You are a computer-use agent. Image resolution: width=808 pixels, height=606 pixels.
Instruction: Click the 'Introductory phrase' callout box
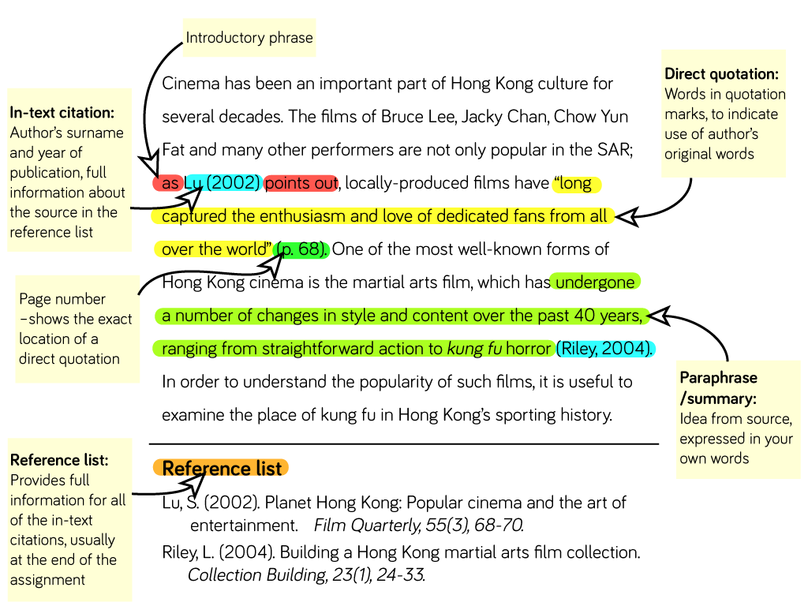click(x=249, y=38)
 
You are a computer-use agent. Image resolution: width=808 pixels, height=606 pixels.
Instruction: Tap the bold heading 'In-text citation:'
click(x=62, y=113)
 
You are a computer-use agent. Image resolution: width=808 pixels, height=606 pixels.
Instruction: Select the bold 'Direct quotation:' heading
click(x=721, y=74)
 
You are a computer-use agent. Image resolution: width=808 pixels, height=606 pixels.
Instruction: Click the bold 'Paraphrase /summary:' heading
click(x=718, y=388)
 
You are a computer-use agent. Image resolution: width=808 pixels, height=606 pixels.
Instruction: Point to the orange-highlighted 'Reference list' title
click(x=222, y=469)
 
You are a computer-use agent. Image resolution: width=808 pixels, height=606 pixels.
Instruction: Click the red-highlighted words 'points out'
click(x=301, y=183)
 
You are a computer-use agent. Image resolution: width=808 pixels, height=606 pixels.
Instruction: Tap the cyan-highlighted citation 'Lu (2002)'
click(x=223, y=183)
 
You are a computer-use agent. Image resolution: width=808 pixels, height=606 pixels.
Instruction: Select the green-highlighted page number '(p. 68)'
click(x=301, y=249)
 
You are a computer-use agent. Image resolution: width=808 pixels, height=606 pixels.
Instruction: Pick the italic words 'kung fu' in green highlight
click(x=474, y=349)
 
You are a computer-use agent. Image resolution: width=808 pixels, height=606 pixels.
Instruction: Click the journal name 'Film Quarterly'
click(x=367, y=525)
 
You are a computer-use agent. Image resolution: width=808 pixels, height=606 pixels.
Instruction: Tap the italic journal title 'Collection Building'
click(x=256, y=574)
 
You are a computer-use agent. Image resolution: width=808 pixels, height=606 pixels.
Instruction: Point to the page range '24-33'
click(x=400, y=574)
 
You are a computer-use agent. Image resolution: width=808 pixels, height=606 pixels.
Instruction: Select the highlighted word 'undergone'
click(x=595, y=282)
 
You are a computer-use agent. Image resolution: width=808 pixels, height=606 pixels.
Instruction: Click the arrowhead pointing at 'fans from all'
click(x=626, y=217)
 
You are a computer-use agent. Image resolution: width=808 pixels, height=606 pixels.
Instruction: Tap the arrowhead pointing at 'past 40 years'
click(x=659, y=316)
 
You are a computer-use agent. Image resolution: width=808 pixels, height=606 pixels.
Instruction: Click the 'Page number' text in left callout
click(x=62, y=299)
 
